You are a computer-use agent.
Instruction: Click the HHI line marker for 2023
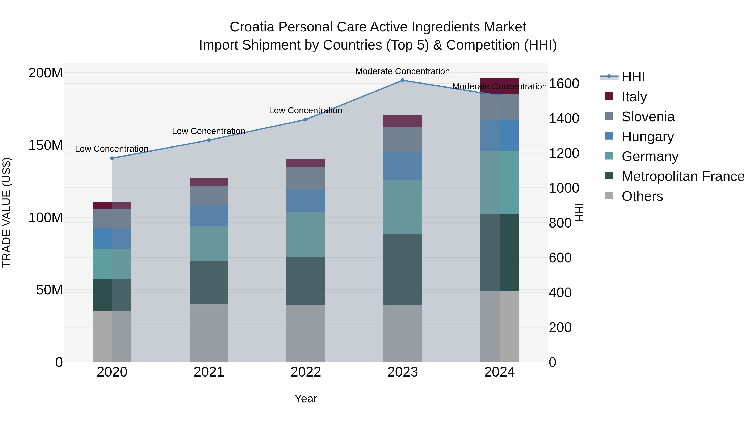click(x=402, y=80)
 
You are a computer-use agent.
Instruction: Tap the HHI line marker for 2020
click(x=112, y=158)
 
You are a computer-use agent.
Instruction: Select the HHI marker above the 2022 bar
click(x=306, y=120)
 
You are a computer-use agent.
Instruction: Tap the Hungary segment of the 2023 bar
click(x=402, y=166)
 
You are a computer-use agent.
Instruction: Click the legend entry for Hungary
click(x=647, y=137)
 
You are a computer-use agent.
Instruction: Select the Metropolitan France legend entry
click(x=683, y=176)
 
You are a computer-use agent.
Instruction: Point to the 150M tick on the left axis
click(x=46, y=145)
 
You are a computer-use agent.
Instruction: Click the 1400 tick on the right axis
click(x=564, y=119)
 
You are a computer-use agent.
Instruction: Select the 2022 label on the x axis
click(x=306, y=372)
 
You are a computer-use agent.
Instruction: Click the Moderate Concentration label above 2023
click(x=402, y=71)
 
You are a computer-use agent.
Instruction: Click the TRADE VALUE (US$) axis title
click(x=7, y=212)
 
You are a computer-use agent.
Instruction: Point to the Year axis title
click(x=306, y=399)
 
